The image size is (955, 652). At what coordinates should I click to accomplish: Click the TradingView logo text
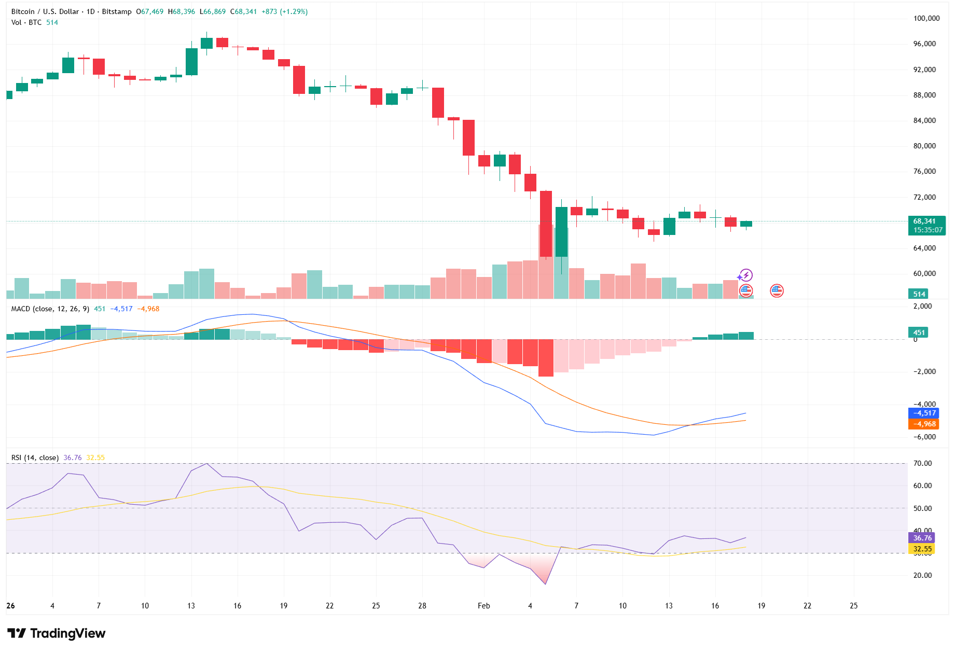tap(67, 633)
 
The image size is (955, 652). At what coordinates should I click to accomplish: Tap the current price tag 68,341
tap(926, 221)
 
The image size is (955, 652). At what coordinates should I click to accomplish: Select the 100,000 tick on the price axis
tap(926, 18)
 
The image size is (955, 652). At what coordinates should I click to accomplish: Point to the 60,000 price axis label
tap(924, 273)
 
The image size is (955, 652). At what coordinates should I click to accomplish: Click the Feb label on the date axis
tap(483, 605)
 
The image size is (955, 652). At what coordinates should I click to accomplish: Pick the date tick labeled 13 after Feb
tap(669, 605)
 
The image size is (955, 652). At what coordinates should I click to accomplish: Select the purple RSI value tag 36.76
tap(922, 538)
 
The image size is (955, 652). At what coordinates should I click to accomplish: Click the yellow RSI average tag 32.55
tap(922, 549)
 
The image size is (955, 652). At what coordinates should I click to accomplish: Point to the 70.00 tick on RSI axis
tap(922, 463)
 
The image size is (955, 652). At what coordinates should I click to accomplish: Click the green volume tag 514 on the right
tap(919, 294)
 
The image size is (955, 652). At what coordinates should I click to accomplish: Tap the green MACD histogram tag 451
tap(919, 332)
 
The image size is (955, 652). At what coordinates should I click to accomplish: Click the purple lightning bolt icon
tap(746, 275)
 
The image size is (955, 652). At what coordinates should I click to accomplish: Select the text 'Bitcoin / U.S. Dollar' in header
tap(45, 11)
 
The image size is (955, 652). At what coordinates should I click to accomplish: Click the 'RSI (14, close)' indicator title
tap(35, 457)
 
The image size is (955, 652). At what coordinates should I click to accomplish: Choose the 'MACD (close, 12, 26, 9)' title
tap(50, 309)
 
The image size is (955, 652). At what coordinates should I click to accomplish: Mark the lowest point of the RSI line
tap(546, 584)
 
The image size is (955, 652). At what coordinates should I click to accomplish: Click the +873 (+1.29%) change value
tap(284, 11)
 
